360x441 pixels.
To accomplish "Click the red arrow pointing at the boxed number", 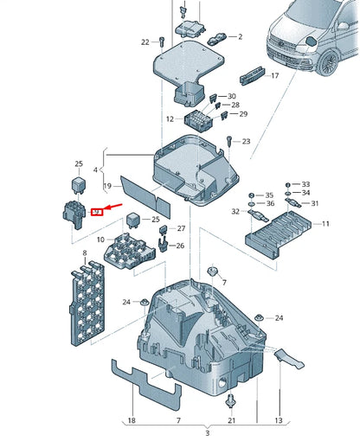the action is (x=113, y=208).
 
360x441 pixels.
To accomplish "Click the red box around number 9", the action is (x=97, y=212).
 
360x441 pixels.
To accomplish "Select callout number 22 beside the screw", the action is (x=145, y=42).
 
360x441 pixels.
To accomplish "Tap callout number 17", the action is (x=275, y=75).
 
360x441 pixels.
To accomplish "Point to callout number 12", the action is (x=170, y=118).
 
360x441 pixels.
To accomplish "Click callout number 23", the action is (x=246, y=141).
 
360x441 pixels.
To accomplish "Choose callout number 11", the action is (x=325, y=224).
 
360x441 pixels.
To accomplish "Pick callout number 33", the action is (x=305, y=184).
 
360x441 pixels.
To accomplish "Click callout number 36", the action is (x=270, y=203).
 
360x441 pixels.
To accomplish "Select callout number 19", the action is (x=107, y=186).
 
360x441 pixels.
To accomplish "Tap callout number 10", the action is (x=100, y=240).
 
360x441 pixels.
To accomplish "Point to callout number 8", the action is (x=85, y=253).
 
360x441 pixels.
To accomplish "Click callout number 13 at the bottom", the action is (x=279, y=420).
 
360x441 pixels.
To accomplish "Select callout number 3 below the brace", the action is (x=208, y=433).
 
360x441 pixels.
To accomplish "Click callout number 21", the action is (x=232, y=420).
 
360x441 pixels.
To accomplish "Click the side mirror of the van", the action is (x=312, y=42).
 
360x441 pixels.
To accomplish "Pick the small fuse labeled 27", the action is (x=164, y=229).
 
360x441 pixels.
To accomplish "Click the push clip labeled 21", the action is (x=231, y=401).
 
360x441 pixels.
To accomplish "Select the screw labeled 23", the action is (x=229, y=141).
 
